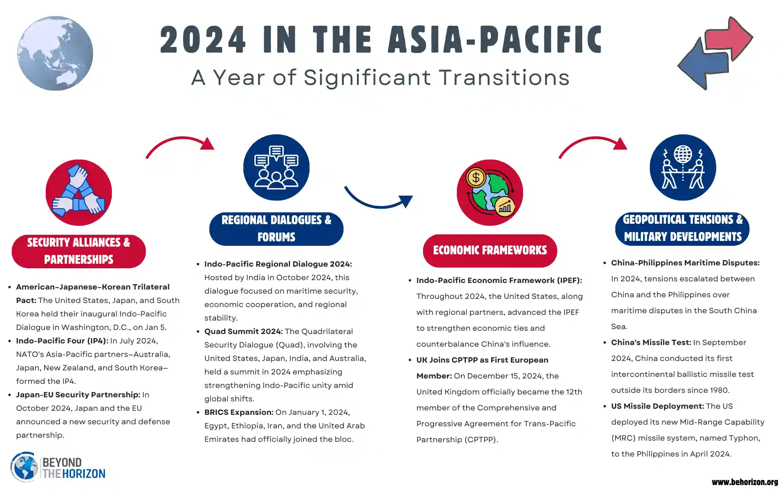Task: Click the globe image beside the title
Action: click(55, 53)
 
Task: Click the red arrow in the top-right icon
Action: click(729, 39)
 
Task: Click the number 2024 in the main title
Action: click(203, 40)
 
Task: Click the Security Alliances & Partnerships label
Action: click(79, 251)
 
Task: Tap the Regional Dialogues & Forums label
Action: click(276, 229)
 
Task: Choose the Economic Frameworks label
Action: click(490, 251)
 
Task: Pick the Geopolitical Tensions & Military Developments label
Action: click(682, 229)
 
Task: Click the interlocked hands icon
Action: click(79, 192)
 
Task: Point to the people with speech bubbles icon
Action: click(276, 167)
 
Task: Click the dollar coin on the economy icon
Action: click(476, 178)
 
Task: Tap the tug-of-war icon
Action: click(683, 167)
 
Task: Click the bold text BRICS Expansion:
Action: click(239, 412)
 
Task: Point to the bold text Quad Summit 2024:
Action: click(243, 332)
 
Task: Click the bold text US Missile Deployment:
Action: click(657, 406)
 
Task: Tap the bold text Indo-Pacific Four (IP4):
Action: click(62, 341)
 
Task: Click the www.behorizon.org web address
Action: click(745, 482)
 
